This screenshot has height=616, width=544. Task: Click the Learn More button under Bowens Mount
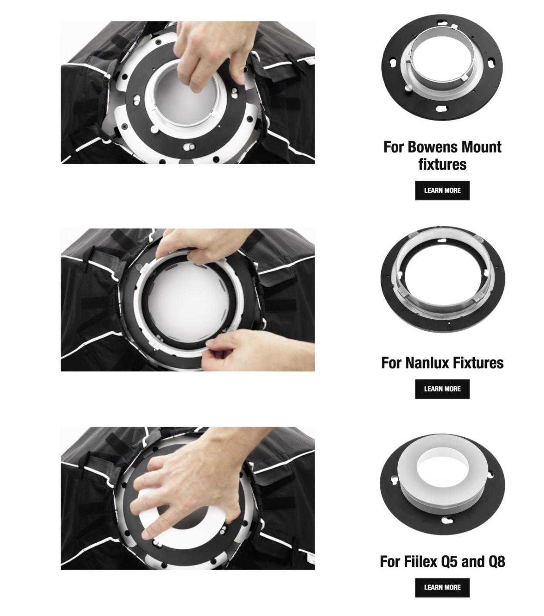click(x=442, y=190)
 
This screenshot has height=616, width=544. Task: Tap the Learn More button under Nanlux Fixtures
click(x=442, y=389)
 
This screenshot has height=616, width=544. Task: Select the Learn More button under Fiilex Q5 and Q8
click(x=442, y=587)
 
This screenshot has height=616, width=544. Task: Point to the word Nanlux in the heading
click(x=427, y=362)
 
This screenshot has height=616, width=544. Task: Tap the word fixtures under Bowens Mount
click(x=442, y=164)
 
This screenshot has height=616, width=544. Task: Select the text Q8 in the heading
click(x=497, y=562)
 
